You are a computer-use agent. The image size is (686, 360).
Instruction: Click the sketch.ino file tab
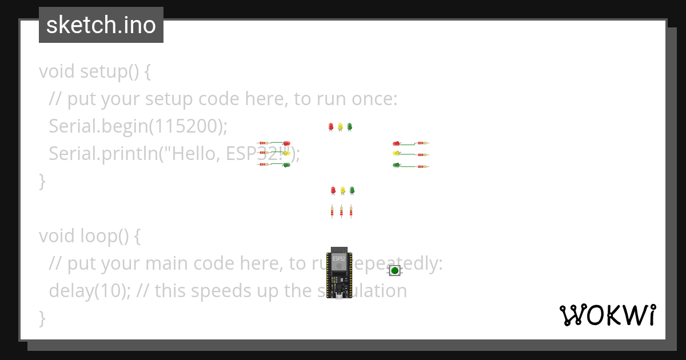(101, 25)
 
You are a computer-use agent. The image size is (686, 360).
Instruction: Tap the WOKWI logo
(607, 315)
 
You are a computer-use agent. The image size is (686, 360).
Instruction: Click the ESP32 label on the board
(339, 258)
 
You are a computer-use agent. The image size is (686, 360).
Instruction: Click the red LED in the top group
(330, 126)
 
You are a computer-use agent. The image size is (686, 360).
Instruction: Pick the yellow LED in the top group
(340, 126)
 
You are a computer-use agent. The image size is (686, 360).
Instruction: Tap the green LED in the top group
(350, 126)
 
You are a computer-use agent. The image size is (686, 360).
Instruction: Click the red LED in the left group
(286, 143)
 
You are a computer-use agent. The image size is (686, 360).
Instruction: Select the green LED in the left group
(286, 165)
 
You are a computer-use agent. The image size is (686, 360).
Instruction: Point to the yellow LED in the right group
(396, 154)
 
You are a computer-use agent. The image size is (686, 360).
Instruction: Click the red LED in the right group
(396, 143)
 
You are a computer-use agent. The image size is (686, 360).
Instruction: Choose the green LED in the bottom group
(352, 190)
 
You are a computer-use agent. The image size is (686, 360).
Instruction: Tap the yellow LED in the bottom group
(342, 190)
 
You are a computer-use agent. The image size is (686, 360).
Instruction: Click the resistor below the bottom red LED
(332, 211)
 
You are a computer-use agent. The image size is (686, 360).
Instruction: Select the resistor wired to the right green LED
(422, 166)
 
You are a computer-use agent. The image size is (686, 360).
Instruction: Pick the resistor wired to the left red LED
(264, 143)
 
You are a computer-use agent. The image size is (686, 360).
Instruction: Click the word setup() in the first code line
(109, 72)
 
